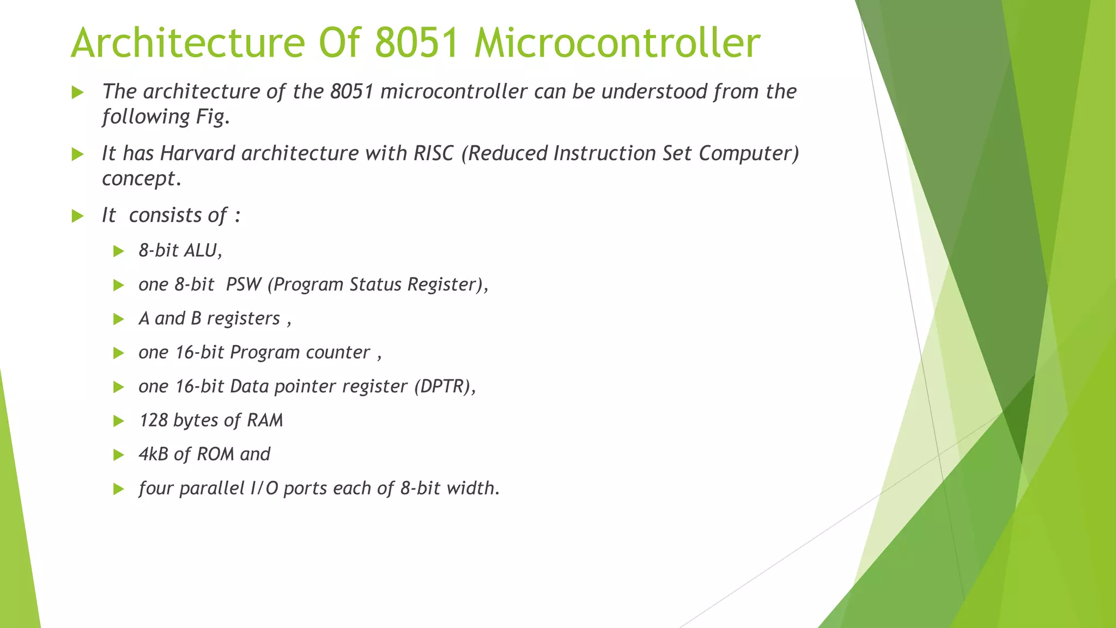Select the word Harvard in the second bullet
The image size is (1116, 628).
197,153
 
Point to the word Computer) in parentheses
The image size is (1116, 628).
749,153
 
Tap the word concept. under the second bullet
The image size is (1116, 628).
141,178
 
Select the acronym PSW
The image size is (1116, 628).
244,285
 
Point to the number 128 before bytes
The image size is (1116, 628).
153,420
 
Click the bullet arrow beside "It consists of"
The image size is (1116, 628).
77,216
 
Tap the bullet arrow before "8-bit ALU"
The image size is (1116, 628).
118,251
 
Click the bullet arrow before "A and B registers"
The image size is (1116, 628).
118,319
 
